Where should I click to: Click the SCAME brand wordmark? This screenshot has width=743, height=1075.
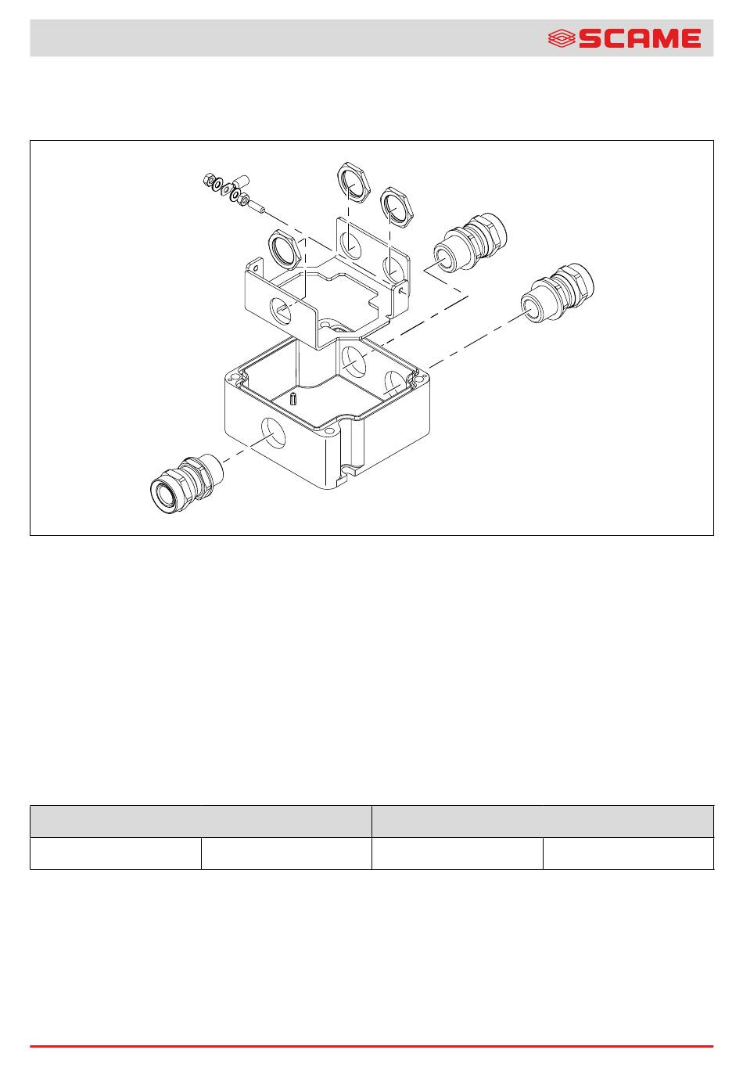(640, 38)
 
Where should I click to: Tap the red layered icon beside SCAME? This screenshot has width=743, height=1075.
(562, 38)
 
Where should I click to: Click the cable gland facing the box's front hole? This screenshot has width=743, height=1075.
(186, 484)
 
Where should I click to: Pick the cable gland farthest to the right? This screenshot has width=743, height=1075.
(558, 293)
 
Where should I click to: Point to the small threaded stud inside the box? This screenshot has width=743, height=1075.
(293, 398)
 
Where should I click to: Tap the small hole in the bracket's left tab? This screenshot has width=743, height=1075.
(256, 268)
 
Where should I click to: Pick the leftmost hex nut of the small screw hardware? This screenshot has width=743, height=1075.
(209, 180)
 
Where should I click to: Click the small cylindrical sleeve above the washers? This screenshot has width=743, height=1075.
(241, 182)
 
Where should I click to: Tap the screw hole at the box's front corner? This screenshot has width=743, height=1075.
(329, 431)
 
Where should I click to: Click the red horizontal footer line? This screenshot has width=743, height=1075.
(371, 1046)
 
